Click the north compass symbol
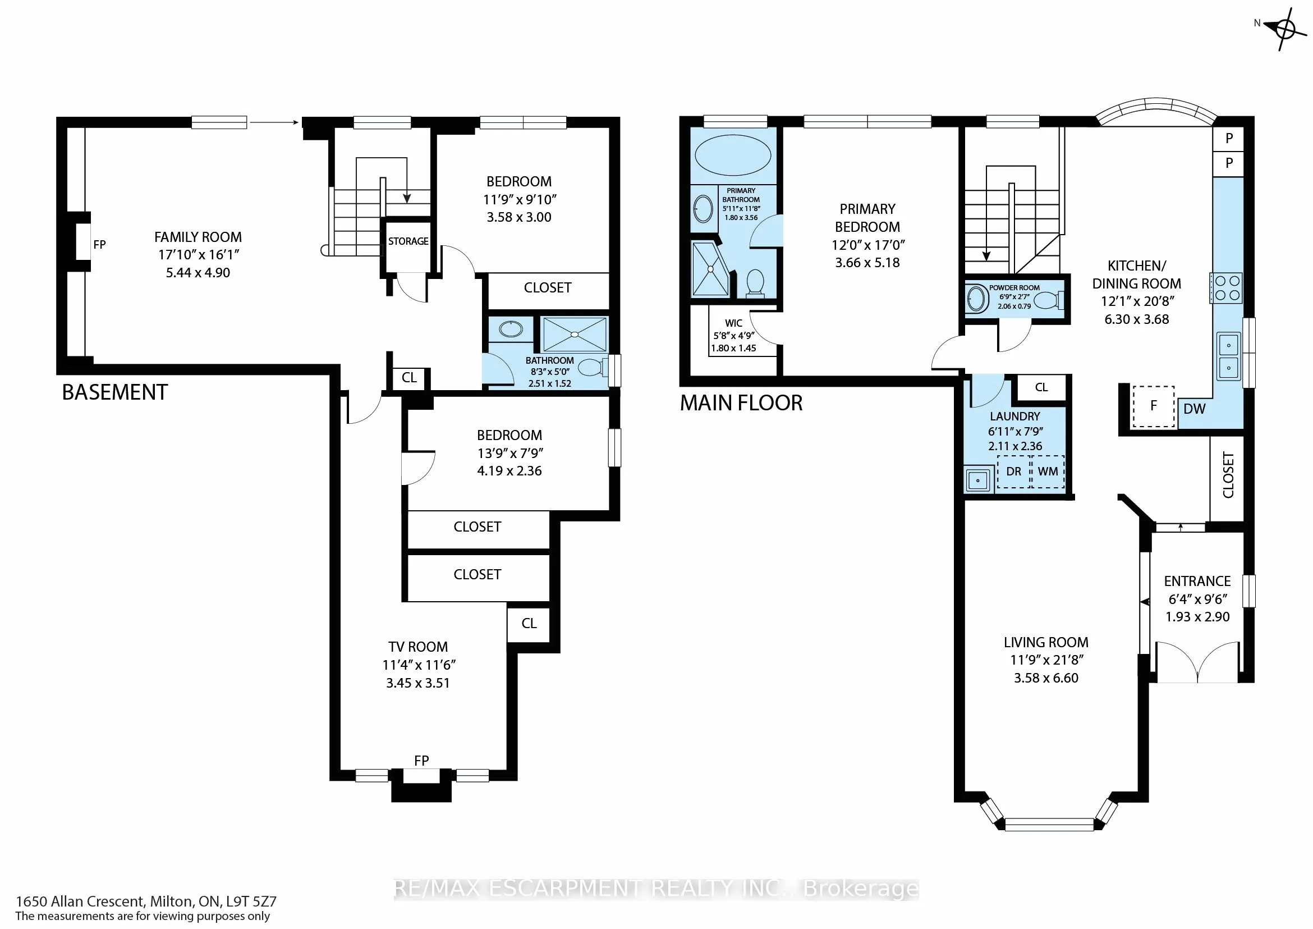(x=1284, y=29)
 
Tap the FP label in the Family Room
(x=99, y=245)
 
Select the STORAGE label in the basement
(x=408, y=241)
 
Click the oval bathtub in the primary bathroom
(x=733, y=155)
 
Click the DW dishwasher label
(x=1194, y=409)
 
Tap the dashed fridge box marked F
(x=1154, y=406)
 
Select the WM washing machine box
(x=1048, y=472)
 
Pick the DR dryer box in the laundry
(x=1014, y=472)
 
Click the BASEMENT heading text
(x=115, y=392)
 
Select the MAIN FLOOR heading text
(x=741, y=403)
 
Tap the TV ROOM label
(x=418, y=647)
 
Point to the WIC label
(x=734, y=323)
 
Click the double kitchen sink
(x=1228, y=356)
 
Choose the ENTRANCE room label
(x=1197, y=581)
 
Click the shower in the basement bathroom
(x=574, y=335)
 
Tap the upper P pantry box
(x=1228, y=139)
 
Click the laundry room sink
(x=978, y=480)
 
